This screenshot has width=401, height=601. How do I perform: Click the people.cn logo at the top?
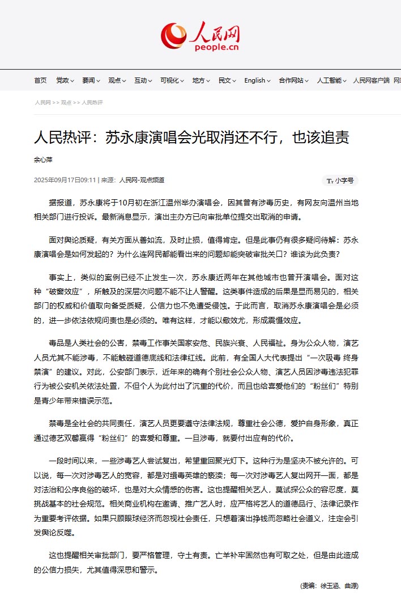click(x=200, y=35)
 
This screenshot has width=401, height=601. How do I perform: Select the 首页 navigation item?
click(x=40, y=80)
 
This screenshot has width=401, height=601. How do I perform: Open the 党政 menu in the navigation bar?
click(x=65, y=80)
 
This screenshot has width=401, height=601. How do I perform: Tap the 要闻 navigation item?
click(x=91, y=80)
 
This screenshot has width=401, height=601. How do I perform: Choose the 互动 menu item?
click(x=143, y=80)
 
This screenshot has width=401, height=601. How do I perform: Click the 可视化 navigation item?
click(x=172, y=80)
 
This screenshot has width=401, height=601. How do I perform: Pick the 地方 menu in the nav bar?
click(x=201, y=80)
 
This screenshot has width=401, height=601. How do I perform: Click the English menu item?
click(x=257, y=80)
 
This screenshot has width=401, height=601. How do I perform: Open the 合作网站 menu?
click(x=293, y=80)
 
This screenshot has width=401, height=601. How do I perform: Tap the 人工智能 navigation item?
click(x=331, y=80)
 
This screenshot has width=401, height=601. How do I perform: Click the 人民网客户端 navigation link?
click(x=371, y=80)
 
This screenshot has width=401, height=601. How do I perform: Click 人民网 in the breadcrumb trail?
click(x=42, y=103)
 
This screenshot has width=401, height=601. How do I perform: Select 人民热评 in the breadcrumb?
click(x=92, y=103)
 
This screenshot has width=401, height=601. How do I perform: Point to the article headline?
click(x=191, y=138)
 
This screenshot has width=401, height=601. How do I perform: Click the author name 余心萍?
click(x=43, y=160)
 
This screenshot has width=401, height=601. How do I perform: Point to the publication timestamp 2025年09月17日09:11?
click(x=65, y=181)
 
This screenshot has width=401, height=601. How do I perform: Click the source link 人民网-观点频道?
click(x=142, y=181)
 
